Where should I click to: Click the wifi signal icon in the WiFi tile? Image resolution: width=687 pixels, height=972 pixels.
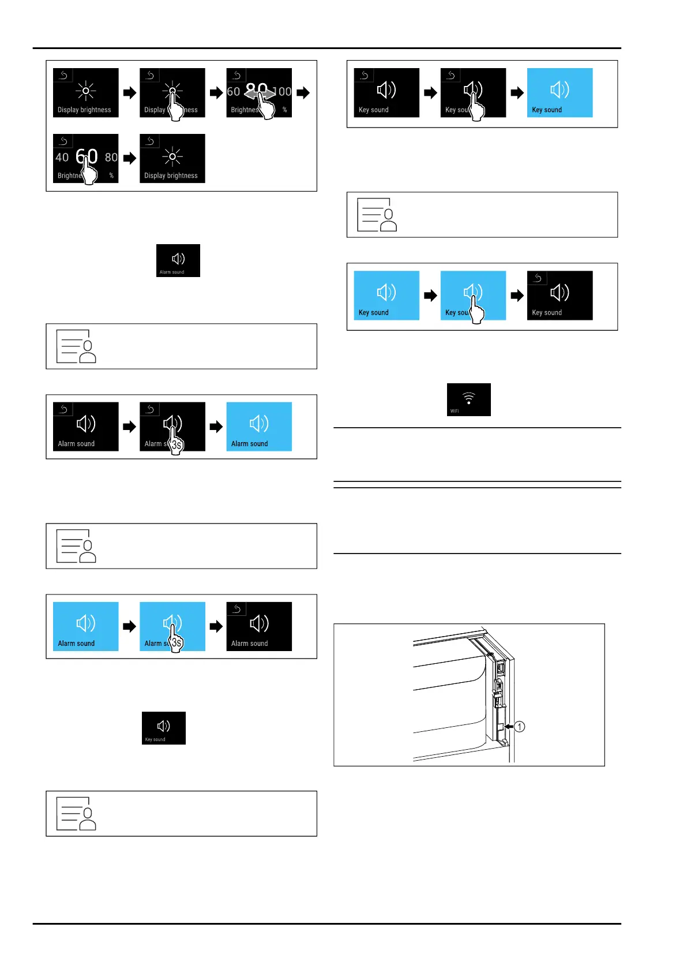(x=468, y=397)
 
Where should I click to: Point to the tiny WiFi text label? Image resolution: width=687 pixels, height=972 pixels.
(x=455, y=411)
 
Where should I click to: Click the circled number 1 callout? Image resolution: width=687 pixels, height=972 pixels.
(x=520, y=727)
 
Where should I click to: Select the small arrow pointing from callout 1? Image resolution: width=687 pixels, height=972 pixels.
(x=508, y=727)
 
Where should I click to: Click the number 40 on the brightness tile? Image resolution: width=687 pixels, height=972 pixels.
(x=62, y=157)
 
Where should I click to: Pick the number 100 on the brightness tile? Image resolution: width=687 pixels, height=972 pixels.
(x=283, y=92)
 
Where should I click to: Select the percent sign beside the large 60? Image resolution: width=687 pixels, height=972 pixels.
(x=111, y=175)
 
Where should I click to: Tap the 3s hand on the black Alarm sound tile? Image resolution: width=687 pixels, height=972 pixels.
(x=175, y=443)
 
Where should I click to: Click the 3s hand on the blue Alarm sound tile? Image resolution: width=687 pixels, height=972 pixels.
(x=175, y=642)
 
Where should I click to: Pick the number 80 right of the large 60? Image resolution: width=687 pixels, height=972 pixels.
(x=111, y=157)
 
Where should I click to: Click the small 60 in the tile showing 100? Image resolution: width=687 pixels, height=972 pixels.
(x=233, y=92)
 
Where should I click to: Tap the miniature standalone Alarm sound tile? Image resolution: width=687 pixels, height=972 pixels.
(x=178, y=260)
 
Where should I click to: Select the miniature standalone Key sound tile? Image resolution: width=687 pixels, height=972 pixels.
(x=164, y=728)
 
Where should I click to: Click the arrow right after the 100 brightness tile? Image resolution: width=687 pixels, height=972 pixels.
(x=303, y=92)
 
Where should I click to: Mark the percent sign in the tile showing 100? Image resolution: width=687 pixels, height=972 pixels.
(x=284, y=110)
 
